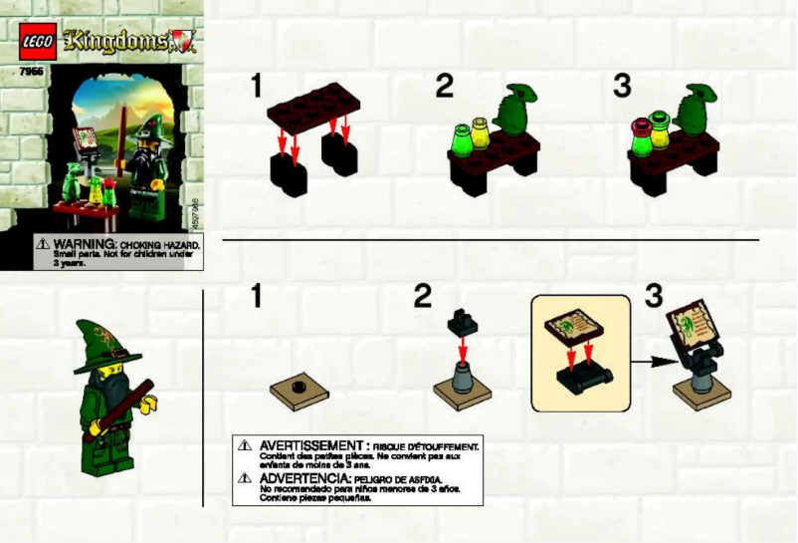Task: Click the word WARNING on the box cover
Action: click(x=86, y=243)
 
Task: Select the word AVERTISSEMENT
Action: click(x=308, y=445)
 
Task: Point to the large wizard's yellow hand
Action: click(x=151, y=404)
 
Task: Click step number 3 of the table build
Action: click(x=623, y=86)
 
